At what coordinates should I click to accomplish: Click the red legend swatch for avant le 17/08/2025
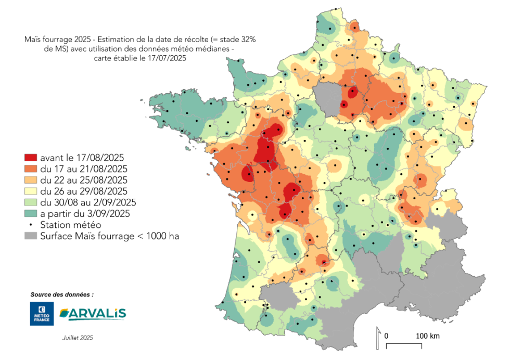coord(31,157)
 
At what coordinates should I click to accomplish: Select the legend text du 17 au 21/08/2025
coord(84,169)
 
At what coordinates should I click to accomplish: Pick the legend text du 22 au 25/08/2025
coord(84,180)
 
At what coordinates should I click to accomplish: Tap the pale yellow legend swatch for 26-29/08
coord(31,191)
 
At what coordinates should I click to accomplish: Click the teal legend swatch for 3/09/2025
coord(31,213)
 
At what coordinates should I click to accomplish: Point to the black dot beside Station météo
coord(31,225)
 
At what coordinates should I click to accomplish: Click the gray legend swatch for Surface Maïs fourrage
coord(31,236)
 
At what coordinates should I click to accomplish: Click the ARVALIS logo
coord(93,313)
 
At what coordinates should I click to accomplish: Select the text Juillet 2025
coord(77,338)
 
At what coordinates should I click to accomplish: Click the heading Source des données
coord(62,294)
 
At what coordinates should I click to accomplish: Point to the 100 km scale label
coord(427,336)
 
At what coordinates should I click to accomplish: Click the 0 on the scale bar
coord(386,336)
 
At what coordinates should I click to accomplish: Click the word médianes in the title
coord(214,49)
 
